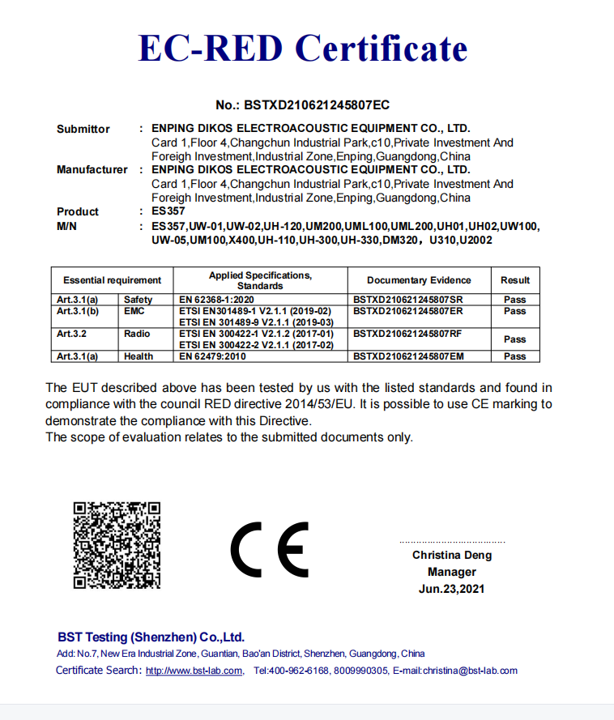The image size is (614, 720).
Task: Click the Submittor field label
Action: pos(83,129)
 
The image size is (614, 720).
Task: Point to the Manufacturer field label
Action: pos(92,170)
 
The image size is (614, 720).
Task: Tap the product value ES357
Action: pos(168,211)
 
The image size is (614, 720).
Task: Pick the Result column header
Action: pos(515,280)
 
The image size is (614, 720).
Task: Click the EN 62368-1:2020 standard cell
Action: pos(215,300)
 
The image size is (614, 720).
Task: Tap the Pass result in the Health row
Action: pos(515,356)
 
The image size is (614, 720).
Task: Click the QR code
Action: pos(117,544)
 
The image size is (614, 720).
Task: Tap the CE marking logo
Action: pos(270,547)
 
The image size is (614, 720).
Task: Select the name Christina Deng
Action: pos(452,556)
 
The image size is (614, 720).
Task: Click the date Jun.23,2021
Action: pos(452,590)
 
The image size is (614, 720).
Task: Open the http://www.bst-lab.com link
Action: pos(194,671)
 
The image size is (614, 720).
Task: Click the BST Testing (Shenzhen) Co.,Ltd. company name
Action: pos(151,637)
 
